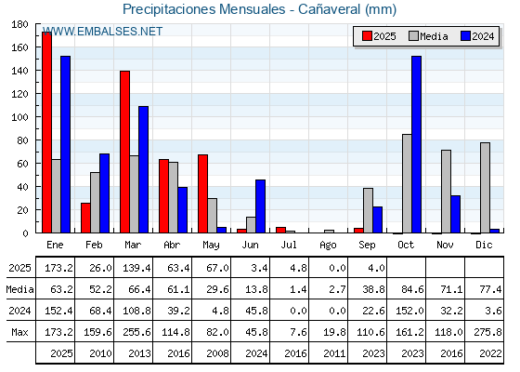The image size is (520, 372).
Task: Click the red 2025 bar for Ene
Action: point(46,132)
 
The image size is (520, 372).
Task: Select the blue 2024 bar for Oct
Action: point(417,144)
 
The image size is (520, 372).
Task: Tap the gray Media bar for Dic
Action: point(485,188)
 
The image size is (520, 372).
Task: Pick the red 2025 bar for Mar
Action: point(125,152)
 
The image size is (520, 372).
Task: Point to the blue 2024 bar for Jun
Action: point(260,206)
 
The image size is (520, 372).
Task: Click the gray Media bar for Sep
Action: point(368,210)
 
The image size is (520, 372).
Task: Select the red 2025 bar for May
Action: point(203,193)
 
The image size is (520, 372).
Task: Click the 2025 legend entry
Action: point(379,36)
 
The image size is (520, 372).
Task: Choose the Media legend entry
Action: point(428,36)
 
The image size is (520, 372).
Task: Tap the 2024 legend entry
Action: point(477,36)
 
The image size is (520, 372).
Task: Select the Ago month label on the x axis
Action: point(328,246)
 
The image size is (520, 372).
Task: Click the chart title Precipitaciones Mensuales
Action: point(204,9)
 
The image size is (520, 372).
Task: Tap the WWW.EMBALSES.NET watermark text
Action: point(102,32)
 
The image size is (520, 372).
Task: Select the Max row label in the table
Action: point(19,332)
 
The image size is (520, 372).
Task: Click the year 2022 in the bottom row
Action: point(490,353)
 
